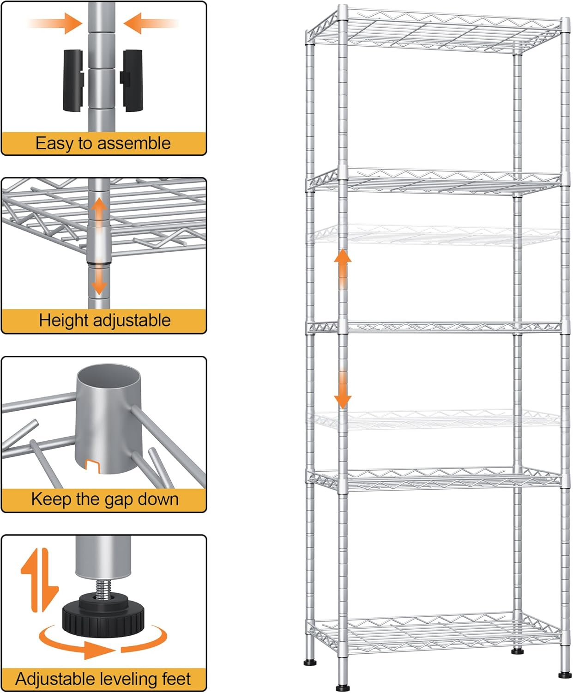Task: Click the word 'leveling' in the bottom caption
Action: (x=128, y=679)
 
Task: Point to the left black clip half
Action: (x=73, y=81)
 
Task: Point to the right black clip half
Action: (x=133, y=81)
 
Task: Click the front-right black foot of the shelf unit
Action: (x=564, y=675)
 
